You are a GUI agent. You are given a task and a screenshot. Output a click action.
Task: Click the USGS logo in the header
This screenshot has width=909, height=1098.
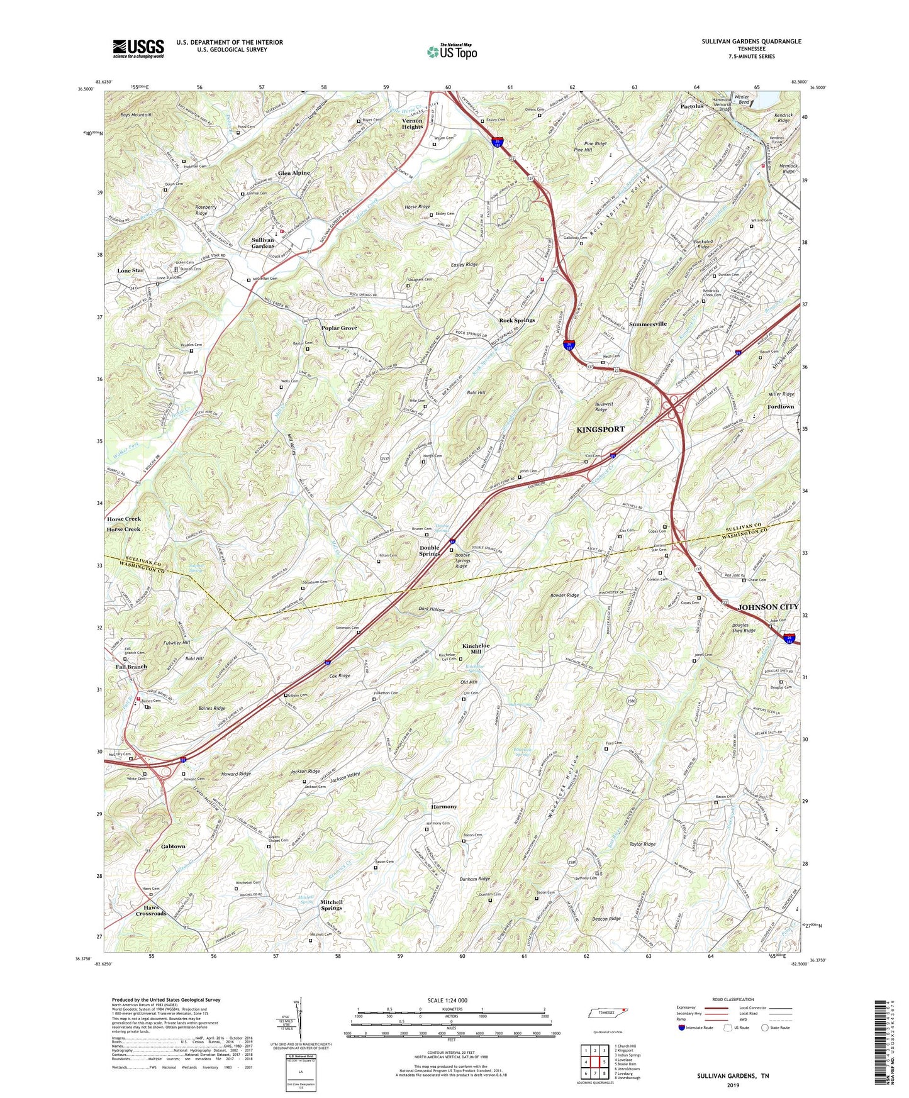pyautogui.click(x=138, y=48)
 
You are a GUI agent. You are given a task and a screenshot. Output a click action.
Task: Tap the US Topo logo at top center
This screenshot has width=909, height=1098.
pyautogui.click(x=452, y=52)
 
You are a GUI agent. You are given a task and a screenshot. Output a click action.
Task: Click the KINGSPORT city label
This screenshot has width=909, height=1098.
pyautogui.click(x=601, y=429)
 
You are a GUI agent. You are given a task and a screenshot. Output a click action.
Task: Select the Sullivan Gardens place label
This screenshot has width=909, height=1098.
pyautogui.click(x=263, y=243)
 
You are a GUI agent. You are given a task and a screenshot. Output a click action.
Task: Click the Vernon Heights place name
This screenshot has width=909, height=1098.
pyautogui.click(x=412, y=123)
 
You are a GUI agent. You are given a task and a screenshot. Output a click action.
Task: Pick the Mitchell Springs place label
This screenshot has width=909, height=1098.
pyautogui.click(x=332, y=905)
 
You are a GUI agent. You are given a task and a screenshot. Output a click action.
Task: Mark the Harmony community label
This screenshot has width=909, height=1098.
pyautogui.click(x=444, y=806)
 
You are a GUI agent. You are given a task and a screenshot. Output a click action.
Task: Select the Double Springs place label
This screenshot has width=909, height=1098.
pyautogui.click(x=430, y=550)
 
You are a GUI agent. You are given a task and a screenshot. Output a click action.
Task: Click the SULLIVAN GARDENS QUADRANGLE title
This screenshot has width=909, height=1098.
pyautogui.click(x=751, y=42)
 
